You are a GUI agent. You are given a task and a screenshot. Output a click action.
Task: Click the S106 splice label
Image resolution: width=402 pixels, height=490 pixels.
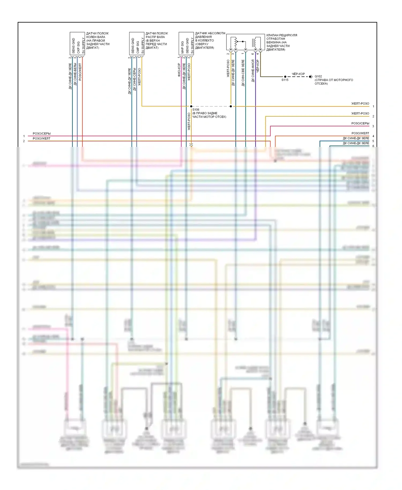[x=196, y=110]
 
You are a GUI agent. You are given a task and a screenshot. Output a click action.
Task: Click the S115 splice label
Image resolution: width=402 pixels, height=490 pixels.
[x=285, y=80]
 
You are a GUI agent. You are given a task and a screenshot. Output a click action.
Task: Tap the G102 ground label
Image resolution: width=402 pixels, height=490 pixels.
[x=318, y=76]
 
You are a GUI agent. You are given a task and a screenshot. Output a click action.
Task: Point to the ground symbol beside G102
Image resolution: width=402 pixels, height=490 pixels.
[x=311, y=77]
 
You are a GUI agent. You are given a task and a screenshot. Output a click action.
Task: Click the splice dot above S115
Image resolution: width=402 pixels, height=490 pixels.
[x=285, y=77]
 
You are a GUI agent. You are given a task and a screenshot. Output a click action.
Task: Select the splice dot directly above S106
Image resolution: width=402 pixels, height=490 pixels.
[x=191, y=106]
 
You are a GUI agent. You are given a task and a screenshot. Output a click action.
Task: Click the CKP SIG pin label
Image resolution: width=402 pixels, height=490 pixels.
[x=78, y=47]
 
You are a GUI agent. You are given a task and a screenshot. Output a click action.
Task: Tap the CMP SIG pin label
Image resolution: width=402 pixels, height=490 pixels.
[x=138, y=47]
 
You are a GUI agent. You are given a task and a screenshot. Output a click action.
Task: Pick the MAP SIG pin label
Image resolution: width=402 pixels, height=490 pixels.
[x=183, y=47]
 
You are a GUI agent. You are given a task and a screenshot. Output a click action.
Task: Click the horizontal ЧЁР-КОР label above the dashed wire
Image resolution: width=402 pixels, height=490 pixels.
[x=298, y=74]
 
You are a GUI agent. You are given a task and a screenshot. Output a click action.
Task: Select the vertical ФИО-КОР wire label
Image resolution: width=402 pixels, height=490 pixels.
[x=179, y=70]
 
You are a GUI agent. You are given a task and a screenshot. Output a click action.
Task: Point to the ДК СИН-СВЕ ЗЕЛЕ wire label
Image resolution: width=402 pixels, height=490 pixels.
[x=243, y=73]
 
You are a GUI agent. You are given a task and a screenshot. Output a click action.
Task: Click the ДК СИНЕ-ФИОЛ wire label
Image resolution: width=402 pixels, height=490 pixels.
[x=253, y=71]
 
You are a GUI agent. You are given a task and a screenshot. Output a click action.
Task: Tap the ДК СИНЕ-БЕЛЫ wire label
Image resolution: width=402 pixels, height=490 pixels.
[x=75, y=74]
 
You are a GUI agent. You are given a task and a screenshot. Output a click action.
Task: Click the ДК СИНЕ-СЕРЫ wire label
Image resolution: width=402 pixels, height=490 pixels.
[x=135, y=79]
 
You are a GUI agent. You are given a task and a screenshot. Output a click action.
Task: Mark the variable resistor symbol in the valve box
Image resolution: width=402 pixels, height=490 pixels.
[x=236, y=42]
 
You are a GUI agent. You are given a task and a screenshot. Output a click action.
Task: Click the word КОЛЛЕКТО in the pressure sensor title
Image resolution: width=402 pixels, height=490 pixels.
[x=207, y=40]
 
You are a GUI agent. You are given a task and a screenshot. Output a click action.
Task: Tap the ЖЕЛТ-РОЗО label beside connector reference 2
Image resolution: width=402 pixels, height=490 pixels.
[x=360, y=114]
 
